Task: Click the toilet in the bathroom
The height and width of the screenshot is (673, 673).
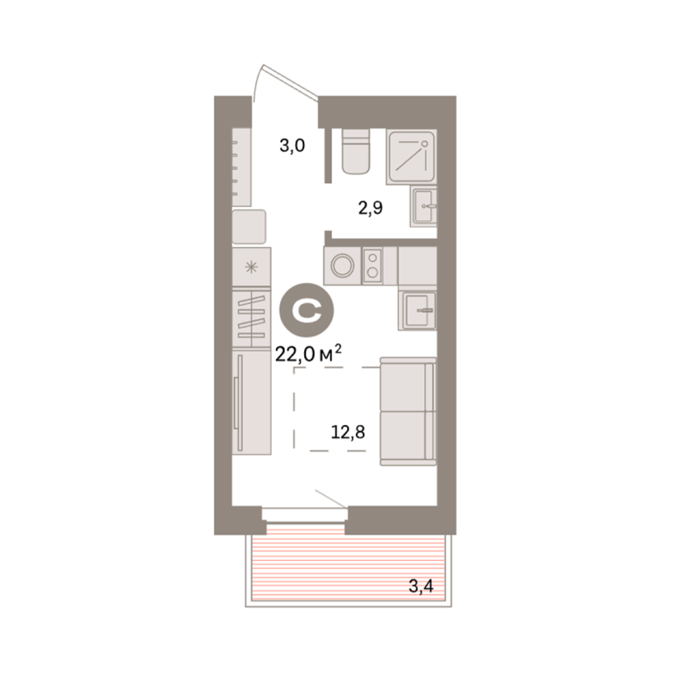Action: (x=356, y=152)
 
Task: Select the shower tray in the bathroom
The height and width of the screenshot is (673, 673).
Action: (x=411, y=157)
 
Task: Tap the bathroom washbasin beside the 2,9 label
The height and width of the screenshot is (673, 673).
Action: (x=423, y=207)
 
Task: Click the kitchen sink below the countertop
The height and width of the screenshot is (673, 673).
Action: (x=418, y=310)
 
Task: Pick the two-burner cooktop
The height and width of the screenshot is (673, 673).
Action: (x=372, y=266)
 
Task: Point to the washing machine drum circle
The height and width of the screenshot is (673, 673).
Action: (x=343, y=266)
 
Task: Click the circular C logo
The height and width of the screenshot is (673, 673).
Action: (x=307, y=310)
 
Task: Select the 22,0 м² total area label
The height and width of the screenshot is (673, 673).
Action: (x=308, y=355)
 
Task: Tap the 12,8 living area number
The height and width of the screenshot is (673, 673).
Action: (x=348, y=432)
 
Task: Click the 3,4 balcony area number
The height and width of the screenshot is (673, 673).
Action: (x=421, y=585)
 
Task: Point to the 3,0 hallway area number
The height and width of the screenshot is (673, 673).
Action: (x=293, y=145)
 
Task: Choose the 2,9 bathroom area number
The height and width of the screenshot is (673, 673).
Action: (x=371, y=209)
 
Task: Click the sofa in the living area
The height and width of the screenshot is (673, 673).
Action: (x=408, y=411)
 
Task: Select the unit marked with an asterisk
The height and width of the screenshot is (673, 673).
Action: (x=251, y=267)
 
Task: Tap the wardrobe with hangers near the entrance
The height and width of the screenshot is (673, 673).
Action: (x=241, y=167)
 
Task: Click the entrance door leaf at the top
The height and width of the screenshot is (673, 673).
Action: (x=291, y=81)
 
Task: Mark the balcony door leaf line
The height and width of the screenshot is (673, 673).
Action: (x=331, y=499)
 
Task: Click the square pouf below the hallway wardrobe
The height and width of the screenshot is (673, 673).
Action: (x=249, y=227)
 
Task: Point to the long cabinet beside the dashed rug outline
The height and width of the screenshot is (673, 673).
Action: (x=251, y=402)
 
